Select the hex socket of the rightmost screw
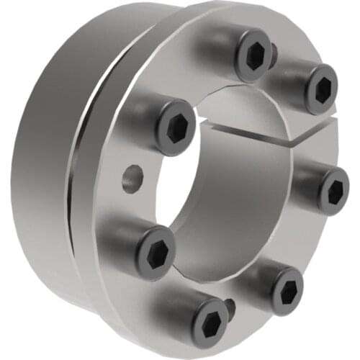coord(333,192)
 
